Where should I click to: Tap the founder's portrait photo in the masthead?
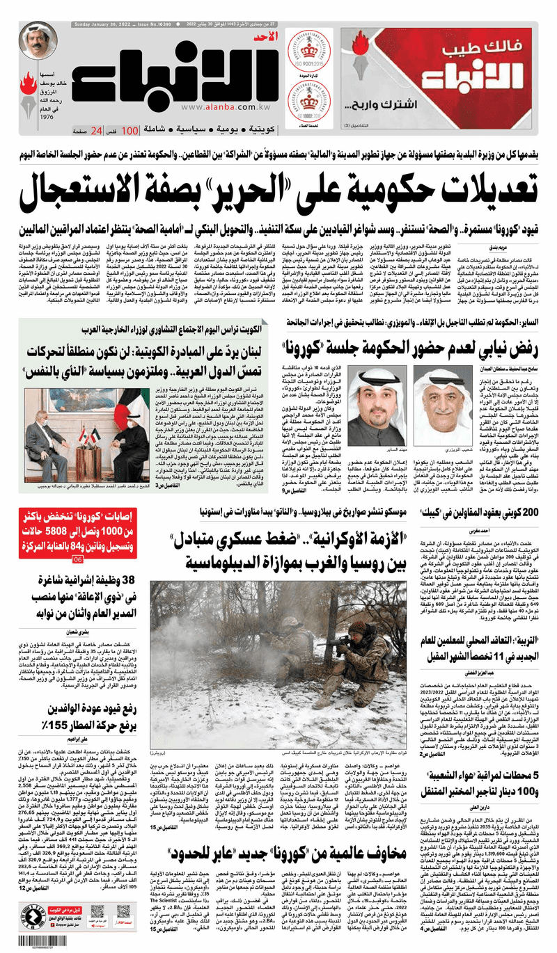pyautogui.click(x=38, y=43)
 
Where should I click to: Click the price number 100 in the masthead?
pyautogui.click(x=130, y=131)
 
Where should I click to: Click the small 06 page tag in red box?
pyautogui.click(x=78, y=559)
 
